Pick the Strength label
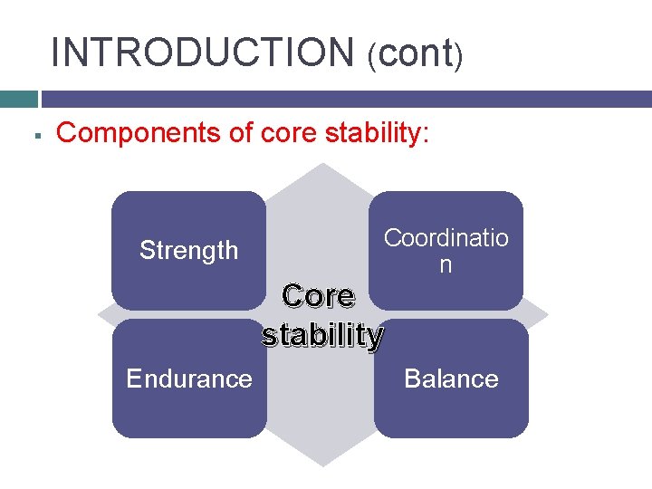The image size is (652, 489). [x=188, y=250]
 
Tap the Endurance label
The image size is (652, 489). [x=189, y=379]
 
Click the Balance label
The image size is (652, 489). [x=451, y=379]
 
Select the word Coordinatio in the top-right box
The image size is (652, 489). [x=446, y=238]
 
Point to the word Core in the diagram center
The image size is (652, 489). [x=318, y=296]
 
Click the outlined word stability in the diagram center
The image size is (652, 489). [x=322, y=335]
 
